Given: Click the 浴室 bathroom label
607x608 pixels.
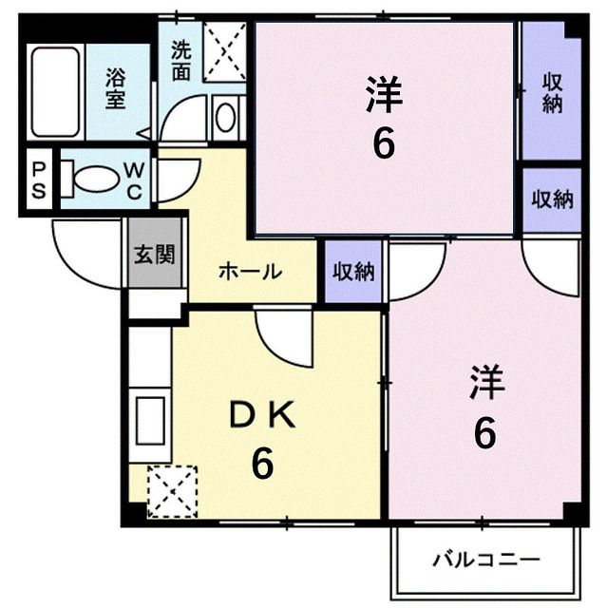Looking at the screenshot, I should pos(115,86).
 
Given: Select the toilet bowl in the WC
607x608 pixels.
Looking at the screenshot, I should pos(93,179).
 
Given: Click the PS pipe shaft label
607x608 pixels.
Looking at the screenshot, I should pos(40,179).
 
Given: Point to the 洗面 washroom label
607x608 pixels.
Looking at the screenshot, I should pos(180,60).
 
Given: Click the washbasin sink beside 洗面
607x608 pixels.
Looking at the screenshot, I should pos(226,117).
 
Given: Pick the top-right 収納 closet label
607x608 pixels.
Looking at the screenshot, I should pos(551,92).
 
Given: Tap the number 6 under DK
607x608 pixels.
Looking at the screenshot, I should pos(262,464).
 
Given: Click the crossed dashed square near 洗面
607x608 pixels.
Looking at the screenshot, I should pos(225,56).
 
